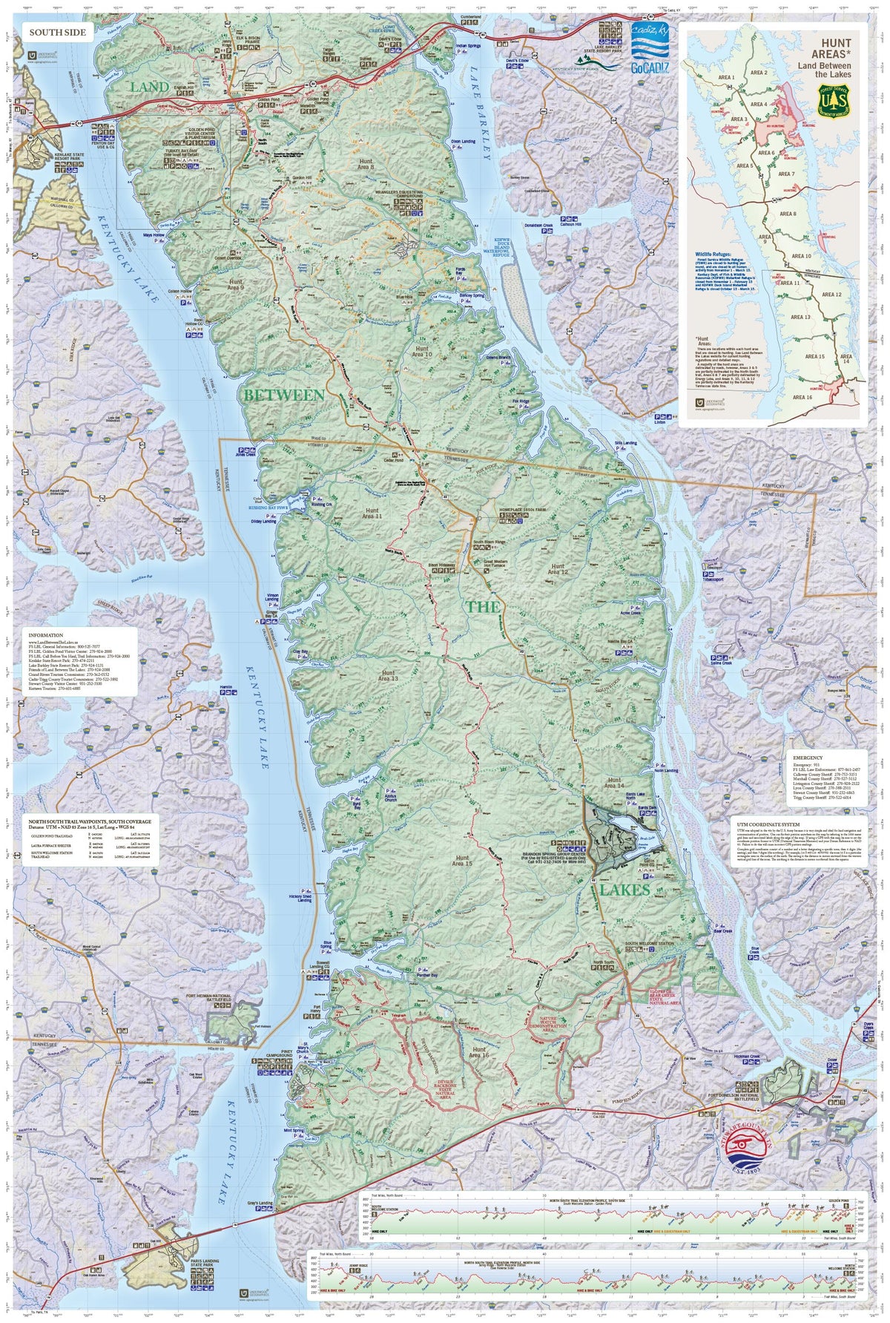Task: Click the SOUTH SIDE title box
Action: [58, 33]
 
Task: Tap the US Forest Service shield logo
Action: [834, 100]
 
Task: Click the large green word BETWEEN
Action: [284, 395]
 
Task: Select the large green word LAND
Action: [150, 88]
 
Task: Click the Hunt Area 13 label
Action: [388, 676]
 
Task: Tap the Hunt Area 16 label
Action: [479, 1053]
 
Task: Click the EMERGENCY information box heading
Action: [808, 758]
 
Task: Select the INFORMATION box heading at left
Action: [45, 636]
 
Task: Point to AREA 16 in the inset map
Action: [802, 397]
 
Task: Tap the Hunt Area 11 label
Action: [372, 513]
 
